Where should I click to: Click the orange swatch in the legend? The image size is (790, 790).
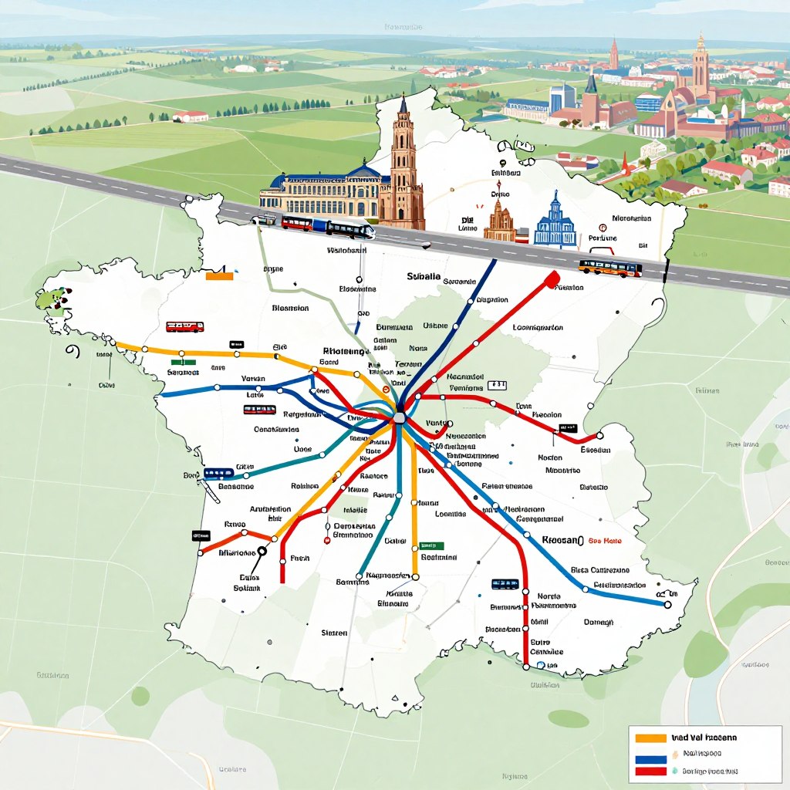pos(650,738)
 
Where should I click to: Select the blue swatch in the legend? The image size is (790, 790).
pos(650,755)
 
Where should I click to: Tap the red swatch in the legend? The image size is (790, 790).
pos(650,771)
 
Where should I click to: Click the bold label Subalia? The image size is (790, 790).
pos(424,276)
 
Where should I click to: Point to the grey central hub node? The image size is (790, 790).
pos(399,417)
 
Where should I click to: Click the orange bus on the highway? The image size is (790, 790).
pos(610,268)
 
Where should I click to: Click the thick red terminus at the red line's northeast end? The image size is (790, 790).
pos(551,280)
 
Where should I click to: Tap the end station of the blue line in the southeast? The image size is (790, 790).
pos(667,605)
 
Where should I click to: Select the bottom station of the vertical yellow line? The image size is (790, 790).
pos(414,575)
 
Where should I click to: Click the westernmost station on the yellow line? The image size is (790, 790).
pos(113,343)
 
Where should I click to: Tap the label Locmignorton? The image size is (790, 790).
pos(538,327)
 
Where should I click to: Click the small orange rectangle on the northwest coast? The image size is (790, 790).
pos(219,275)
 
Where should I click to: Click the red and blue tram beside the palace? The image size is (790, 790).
pos(298,224)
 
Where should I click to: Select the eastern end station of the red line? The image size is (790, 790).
pos(599,435)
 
